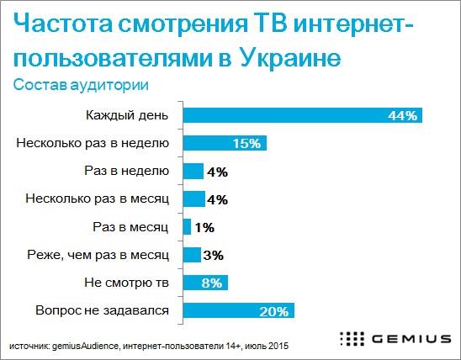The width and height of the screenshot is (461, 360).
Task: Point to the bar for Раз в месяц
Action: click(x=187, y=226)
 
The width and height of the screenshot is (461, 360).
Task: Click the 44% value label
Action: click(x=403, y=116)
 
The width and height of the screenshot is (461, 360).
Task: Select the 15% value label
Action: click(x=248, y=144)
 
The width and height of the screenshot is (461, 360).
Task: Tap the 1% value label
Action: click(x=204, y=227)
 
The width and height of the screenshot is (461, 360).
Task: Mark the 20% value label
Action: click(x=274, y=311)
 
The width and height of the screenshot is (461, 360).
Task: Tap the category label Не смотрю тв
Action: click(x=128, y=283)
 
